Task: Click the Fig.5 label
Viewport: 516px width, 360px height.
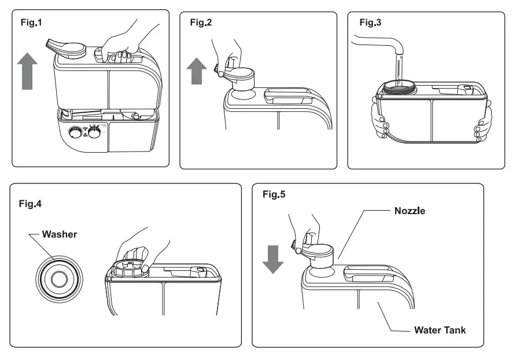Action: click(x=274, y=194)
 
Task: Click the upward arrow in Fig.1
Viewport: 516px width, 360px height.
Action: click(x=27, y=69)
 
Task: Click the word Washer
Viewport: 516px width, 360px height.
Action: click(x=60, y=235)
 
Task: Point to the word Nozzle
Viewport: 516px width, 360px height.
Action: click(x=410, y=211)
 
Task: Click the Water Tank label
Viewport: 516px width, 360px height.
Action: click(x=440, y=330)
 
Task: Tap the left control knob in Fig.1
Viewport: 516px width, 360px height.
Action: click(x=75, y=133)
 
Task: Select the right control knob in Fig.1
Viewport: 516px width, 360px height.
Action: click(x=94, y=133)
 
